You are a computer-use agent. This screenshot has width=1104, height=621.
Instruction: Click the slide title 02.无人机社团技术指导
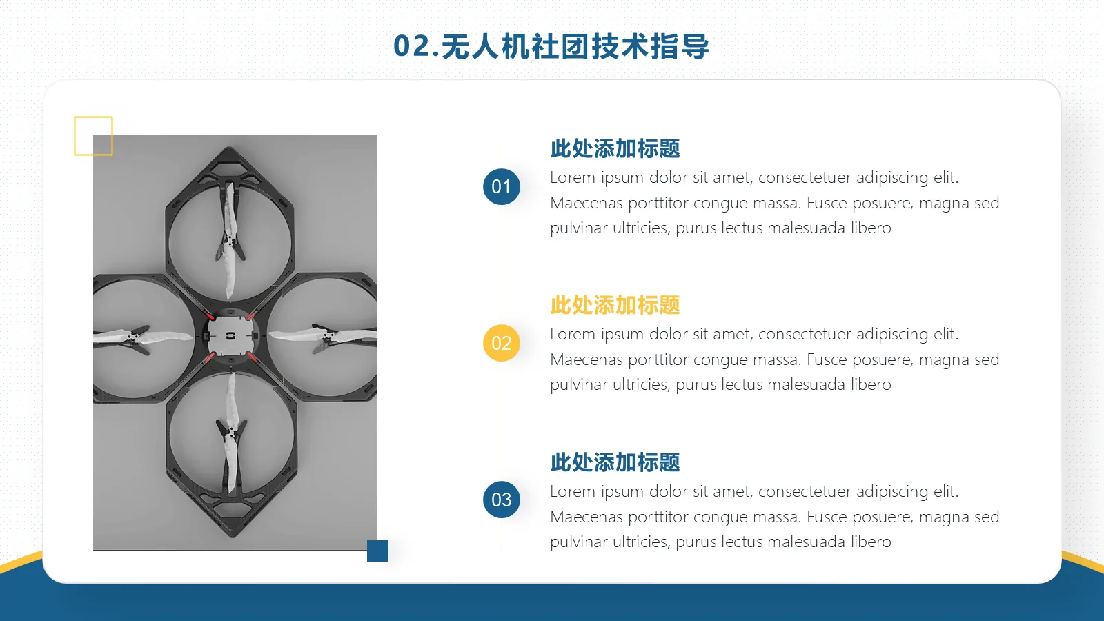[x=551, y=46]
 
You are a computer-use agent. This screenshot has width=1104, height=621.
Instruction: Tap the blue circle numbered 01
[x=502, y=186]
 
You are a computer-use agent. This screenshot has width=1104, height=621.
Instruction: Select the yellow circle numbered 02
[x=502, y=343]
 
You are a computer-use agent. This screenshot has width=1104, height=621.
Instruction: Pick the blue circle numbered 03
[x=502, y=500]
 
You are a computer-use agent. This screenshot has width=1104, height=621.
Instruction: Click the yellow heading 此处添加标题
[x=615, y=305]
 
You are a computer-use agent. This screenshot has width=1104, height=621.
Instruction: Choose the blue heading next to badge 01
[x=615, y=148]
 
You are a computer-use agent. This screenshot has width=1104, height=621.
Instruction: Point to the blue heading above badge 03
[x=615, y=462]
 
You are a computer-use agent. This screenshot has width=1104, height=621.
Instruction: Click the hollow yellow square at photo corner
[x=93, y=136]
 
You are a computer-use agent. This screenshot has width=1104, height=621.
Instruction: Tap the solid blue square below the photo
[x=377, y=551]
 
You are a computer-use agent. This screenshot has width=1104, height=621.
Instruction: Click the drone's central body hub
[x=231, y=336]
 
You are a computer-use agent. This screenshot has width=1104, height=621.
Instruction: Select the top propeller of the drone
[x=230, y=238]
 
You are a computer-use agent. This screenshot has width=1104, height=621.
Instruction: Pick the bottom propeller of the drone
[x=231, y=435]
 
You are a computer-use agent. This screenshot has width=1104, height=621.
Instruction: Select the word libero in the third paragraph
[x=871, y=542]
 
